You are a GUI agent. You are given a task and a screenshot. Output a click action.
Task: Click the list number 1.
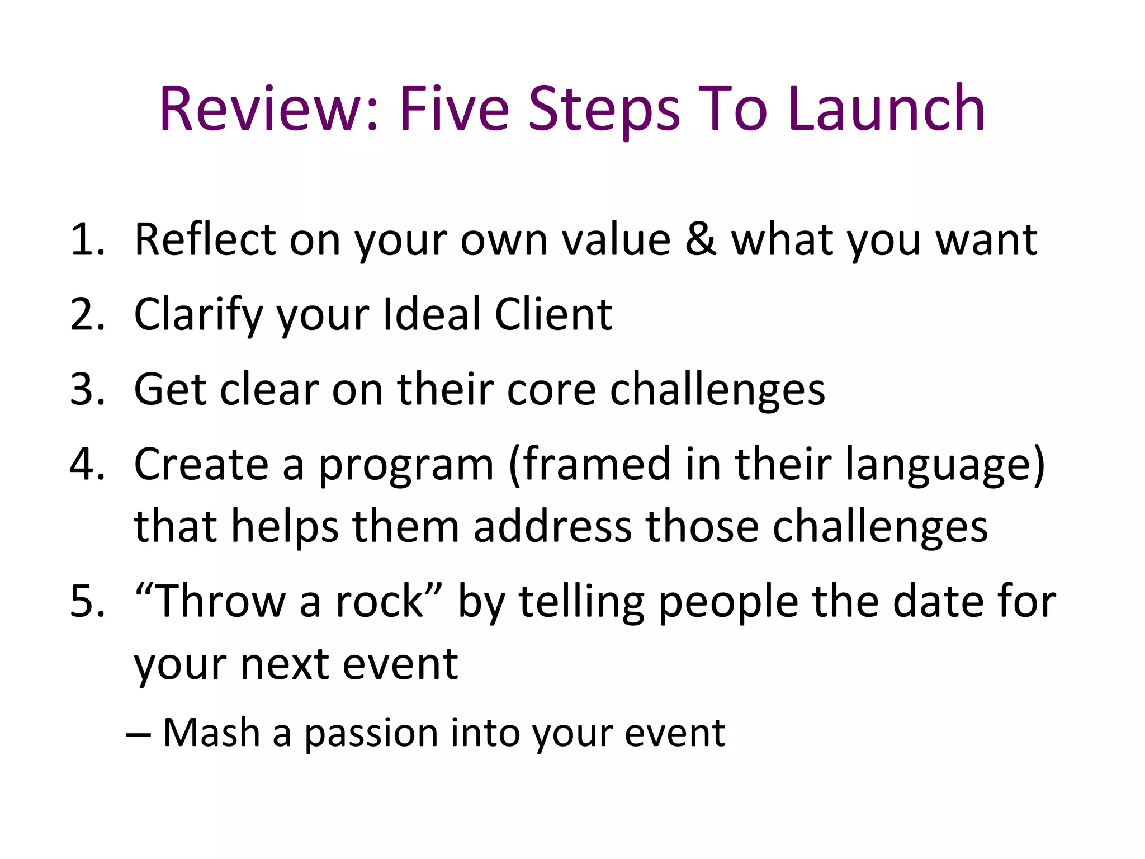[x=87, y=240]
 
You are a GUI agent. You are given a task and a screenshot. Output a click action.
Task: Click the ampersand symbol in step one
[x=701, y=240]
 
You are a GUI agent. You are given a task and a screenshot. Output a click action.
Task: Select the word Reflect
[x=205, y=240]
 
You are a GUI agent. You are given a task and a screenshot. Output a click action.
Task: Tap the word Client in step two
[x=553, y=314]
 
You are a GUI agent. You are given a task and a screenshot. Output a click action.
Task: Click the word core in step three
[x=551, y=390]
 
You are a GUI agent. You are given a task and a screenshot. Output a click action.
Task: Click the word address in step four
[x=552, y=527]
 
